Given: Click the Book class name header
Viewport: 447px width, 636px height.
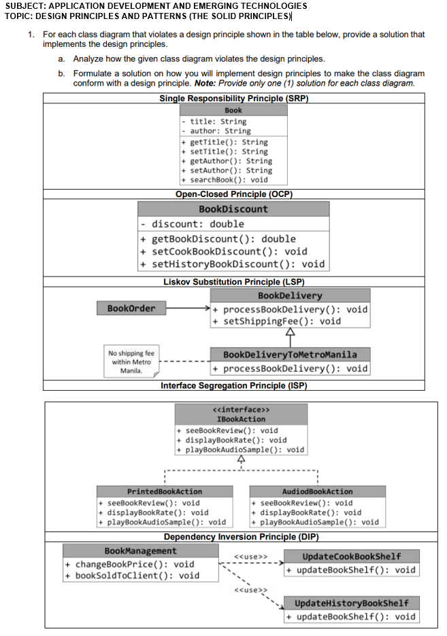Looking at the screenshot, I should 233,110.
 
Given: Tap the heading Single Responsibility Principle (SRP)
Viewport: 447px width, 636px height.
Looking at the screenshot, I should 233,99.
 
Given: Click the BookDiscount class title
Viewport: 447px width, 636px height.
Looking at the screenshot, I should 233,209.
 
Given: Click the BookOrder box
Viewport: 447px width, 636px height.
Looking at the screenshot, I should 131,308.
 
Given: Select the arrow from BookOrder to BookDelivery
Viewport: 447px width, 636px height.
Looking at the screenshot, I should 187,309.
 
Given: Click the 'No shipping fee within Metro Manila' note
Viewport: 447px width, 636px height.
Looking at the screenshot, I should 131,363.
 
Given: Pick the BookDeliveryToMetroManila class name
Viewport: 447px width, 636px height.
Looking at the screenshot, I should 290,355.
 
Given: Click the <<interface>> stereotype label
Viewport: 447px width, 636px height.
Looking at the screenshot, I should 242,410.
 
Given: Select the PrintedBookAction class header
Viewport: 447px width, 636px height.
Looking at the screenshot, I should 165,491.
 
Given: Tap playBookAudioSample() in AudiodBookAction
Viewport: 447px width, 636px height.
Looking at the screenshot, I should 320,522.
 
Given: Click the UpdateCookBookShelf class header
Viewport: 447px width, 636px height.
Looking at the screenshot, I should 351,556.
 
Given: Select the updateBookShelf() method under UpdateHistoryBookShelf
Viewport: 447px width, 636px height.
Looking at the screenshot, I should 355,616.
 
